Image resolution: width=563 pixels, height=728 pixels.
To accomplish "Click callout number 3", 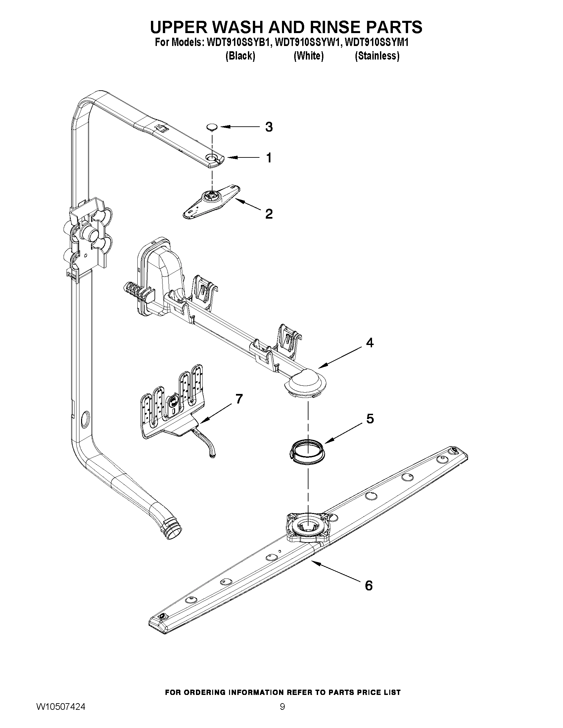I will [x=269, y=127].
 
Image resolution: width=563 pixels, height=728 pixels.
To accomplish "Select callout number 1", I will [x=269, y=158].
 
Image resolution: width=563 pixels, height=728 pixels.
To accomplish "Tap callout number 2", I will [x=269, y=214].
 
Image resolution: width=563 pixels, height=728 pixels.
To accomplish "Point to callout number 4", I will [x=370, y=343].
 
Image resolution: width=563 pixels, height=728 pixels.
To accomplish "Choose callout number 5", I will [x=370, y=419].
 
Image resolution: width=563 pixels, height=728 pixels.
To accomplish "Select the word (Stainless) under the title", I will [x=377, y=56].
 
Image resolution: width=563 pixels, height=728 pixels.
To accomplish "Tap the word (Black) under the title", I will [x=240, y=56].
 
